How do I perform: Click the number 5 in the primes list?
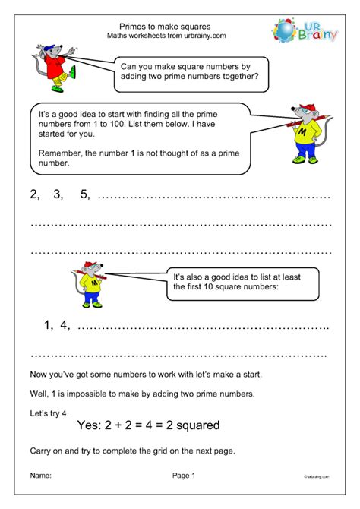pos(84,194)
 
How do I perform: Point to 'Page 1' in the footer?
pos(184,476)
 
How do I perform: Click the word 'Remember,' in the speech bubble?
pos(62,151)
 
